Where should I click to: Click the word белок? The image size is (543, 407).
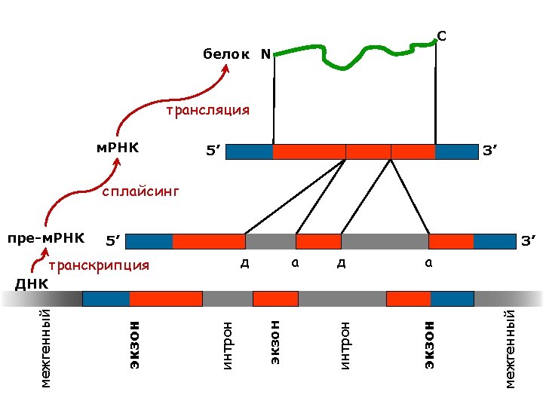click(225, 54)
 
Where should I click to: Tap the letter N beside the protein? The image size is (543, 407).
click(265, 54)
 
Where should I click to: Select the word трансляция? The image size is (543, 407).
click(207, 110)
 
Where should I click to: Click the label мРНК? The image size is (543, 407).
click(117, 145)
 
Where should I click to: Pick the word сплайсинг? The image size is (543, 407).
click(141, 192)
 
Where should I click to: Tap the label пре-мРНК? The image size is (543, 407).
click(45, 239)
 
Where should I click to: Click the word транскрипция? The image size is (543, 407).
click(99, 265)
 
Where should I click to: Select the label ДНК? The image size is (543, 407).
click(32, 284)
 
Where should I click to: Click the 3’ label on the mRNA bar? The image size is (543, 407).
click(491, 151)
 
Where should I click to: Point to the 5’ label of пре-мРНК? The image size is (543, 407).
click(114, 241)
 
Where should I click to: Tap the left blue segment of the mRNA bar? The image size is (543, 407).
click(249, 151)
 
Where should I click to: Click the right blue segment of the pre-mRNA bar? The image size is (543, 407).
click(494, 241)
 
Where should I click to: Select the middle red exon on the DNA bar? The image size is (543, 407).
click(275, 298)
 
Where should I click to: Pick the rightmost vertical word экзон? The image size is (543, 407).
click(429, 344)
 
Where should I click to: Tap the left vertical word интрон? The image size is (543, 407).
click(228, 345)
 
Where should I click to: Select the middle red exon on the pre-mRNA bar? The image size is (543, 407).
click(318, 241)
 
